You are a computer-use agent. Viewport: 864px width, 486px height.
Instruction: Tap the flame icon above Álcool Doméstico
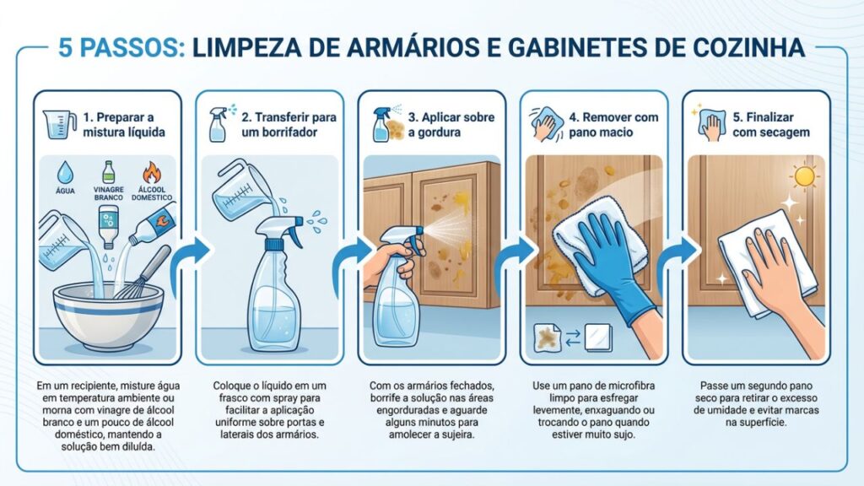[152, 173]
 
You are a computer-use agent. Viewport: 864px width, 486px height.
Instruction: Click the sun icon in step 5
[804, 176]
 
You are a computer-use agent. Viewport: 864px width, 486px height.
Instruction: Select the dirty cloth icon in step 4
[548, 337]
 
